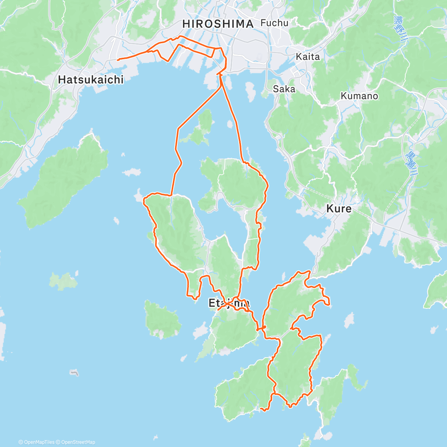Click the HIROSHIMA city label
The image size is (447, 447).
[x=218, y=24]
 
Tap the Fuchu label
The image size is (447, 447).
[x=275, y=23]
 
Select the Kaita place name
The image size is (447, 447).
[x=308, y=57]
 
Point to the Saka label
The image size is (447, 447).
[x=284, y=89]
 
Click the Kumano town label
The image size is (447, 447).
[x=359, y=96]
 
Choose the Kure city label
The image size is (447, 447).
[x=339, y=209]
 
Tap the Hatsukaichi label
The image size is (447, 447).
[x=91, y=79]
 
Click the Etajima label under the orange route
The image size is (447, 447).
[x=228, y=303]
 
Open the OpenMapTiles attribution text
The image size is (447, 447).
[x=39, y=442]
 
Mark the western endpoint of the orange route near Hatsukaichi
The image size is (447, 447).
[x=118, y=60]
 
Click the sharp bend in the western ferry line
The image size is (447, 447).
[x=178, y=129]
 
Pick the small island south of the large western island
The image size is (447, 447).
[x=63, y=281]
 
